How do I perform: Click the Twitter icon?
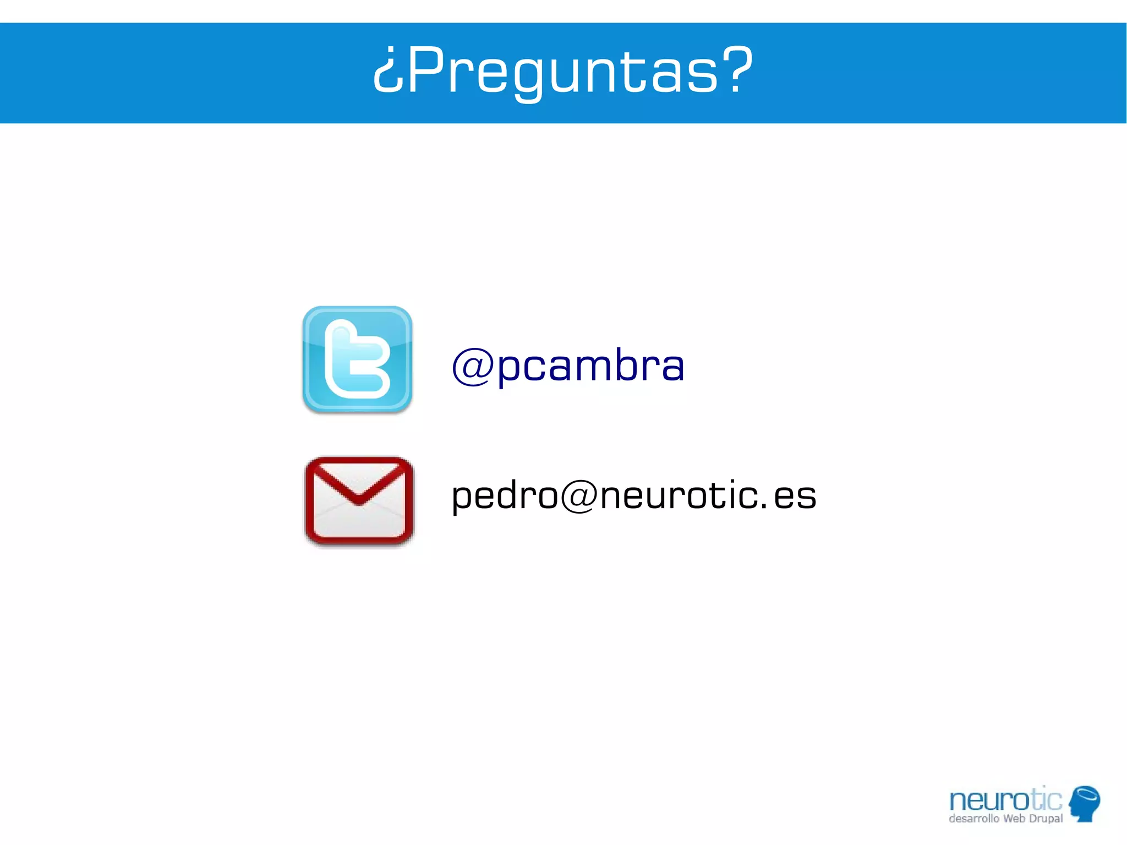(x=357, y=359)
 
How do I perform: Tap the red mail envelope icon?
(x=359, y=500)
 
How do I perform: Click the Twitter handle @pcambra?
(x=568, y=366)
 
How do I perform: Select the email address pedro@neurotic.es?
(x=633, y=495)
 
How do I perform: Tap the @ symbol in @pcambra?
(x=472, y=367)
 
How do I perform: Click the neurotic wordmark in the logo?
(x=1005, y=800)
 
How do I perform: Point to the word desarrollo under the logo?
(x=973, y=819)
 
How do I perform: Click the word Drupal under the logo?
(x=1046, y=819)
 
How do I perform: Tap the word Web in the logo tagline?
(x=1014, y=819)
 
